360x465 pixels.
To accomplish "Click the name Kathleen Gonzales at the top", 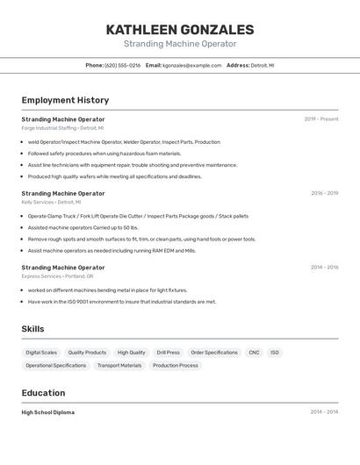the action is tap(180, 29).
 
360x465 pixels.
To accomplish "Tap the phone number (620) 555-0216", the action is tap(122, 66).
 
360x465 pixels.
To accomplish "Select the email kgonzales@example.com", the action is tap(192, 66).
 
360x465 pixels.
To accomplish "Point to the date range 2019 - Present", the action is tap(321, 119).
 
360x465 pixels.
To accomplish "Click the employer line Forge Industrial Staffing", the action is tap(62, 128).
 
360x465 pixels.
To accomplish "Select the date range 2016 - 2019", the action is tap(324, 193).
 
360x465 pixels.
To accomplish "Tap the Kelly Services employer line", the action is tap(54, 202).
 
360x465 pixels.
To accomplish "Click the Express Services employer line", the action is tap(57, 276).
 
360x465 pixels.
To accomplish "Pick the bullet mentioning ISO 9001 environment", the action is tap(122, 302).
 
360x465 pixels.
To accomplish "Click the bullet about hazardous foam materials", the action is tap(104, 154).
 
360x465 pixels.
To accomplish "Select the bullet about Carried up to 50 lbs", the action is tap(83, 227).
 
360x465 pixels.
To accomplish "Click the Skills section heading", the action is tap(33, 329).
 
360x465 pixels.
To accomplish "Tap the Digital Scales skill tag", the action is tap(41, 353).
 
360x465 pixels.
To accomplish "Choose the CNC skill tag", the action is tap(254, 353).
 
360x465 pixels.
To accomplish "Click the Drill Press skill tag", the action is tap(168, 353).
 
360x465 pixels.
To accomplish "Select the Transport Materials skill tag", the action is tap(119, 366).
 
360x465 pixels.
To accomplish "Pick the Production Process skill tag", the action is tap(176, 366).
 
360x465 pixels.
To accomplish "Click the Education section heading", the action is tap(43, 393).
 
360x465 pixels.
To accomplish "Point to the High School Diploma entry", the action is tap(48, 412).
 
